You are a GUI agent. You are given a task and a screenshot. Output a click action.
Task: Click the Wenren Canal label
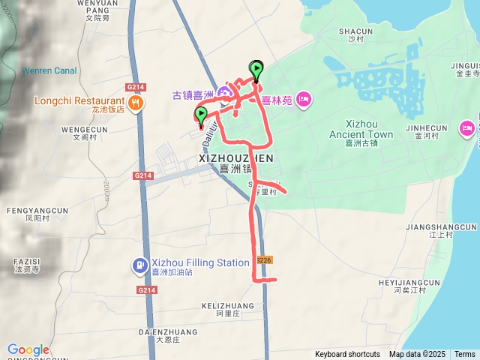coord(49,71)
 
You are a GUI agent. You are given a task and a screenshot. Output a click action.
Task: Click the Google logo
coord(28,349)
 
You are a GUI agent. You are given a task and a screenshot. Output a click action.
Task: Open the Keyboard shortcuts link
coord(347,355)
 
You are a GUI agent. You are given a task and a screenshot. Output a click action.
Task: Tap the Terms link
coord(464,355)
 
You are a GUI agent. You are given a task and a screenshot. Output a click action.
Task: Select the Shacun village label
coord(355,31)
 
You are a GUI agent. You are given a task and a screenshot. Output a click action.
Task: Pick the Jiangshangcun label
coord(440,226)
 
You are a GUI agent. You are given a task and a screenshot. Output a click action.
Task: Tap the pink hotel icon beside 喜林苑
coord(304,99)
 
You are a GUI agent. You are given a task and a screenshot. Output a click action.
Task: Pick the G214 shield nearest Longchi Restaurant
coord(135,87)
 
